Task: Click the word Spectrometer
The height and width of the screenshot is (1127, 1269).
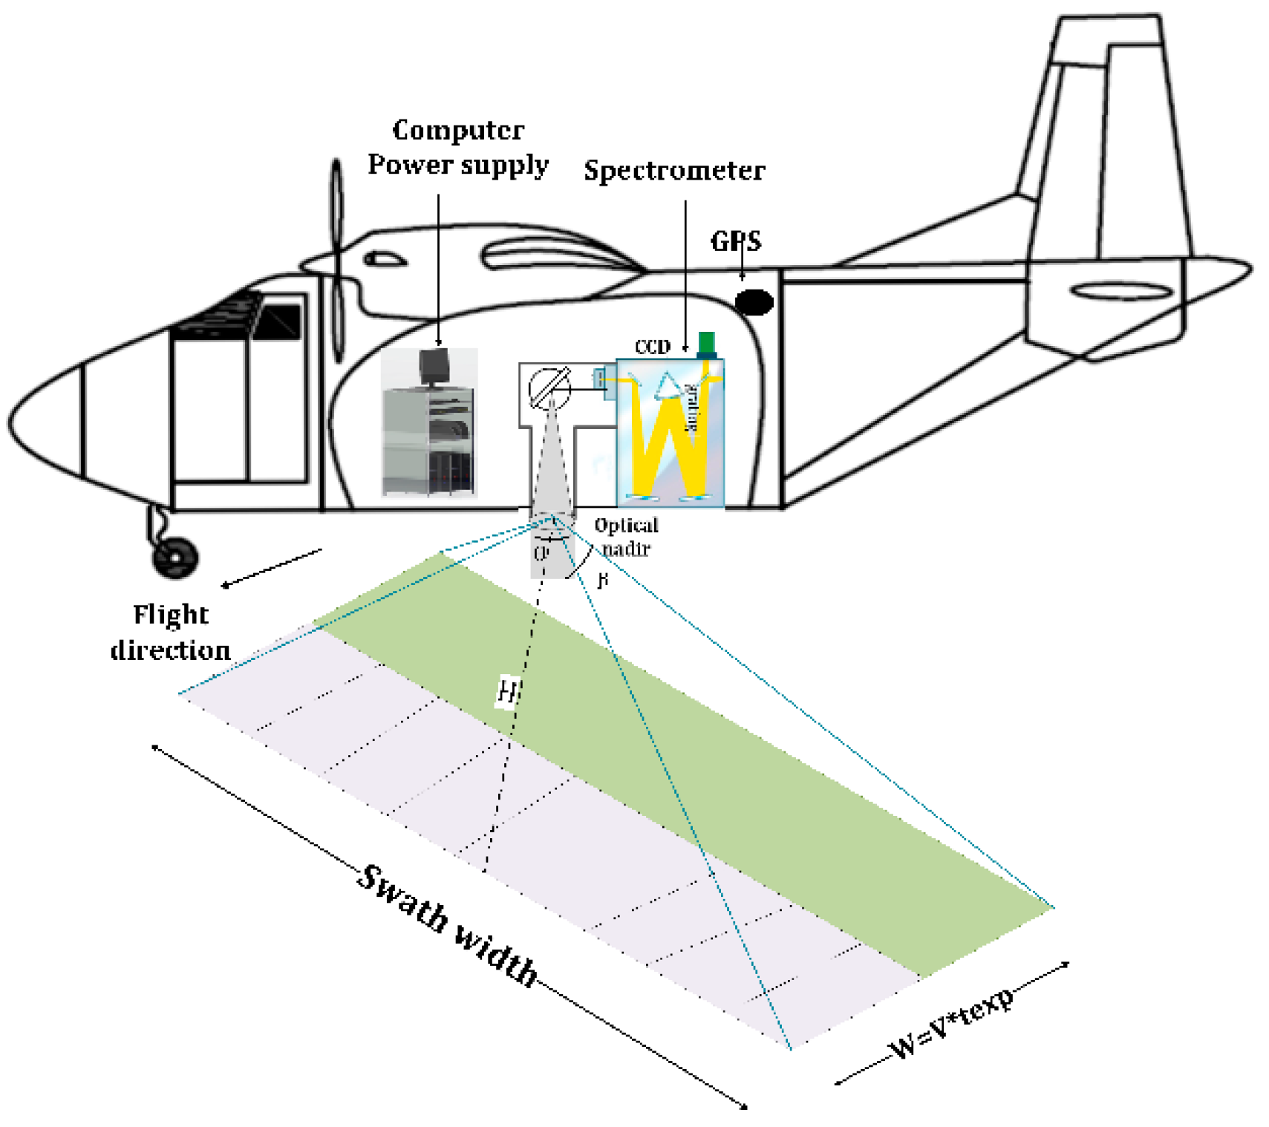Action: point(673,171)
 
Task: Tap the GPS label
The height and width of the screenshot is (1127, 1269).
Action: point(735,241)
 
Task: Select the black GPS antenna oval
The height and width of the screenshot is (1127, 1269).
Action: point(754,301)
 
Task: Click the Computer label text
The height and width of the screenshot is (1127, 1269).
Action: point(458,131)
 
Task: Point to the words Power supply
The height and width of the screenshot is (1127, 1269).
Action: point(458,165)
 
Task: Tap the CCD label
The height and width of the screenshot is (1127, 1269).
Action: point(652,347)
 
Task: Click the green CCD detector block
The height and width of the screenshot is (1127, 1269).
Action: point(706,344)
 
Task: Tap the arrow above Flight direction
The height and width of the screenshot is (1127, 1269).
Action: point(272,568)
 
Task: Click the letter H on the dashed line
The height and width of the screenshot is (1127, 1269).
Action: point(507,691)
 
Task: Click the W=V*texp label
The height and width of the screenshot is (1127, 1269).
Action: point(952,1024)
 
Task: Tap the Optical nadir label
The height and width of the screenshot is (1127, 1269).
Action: point(626,537)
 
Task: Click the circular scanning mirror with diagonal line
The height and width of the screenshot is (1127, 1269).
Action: point(549,388)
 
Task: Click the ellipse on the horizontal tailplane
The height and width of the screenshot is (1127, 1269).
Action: point(1121,292)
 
